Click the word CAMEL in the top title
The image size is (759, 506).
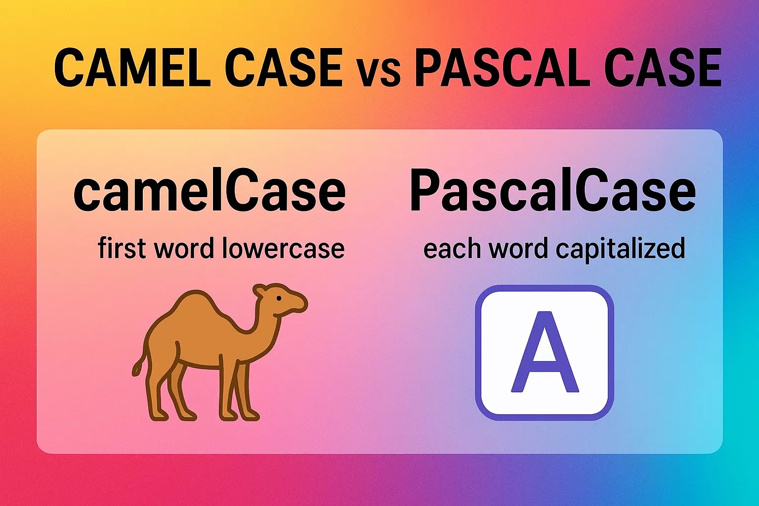coord(130,68)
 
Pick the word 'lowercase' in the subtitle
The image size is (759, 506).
coord(283,248)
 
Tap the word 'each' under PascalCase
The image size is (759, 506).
coord(451,249)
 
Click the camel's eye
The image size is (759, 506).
coord(279,298)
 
